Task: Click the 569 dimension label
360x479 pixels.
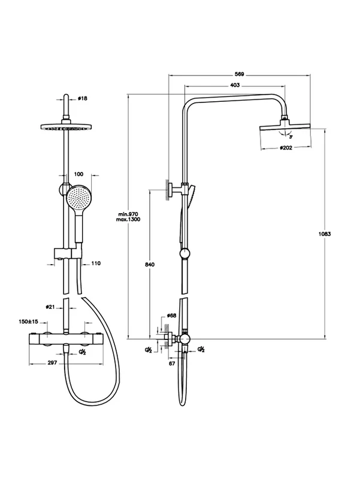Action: [239, 74]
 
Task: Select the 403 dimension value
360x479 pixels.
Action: [235, 85]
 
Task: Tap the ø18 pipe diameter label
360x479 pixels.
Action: [83, 98]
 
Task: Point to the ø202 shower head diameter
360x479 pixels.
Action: [286, 148]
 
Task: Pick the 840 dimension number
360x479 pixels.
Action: [150, 265]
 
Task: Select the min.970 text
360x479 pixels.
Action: [128, 214]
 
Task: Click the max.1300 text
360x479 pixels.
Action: [128, 220]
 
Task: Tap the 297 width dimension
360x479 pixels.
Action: [53, 363]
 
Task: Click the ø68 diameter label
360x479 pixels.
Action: [172, 316]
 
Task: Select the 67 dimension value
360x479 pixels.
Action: [172, 363]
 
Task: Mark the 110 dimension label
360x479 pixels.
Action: [96, 263]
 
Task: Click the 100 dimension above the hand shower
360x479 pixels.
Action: [78, 174]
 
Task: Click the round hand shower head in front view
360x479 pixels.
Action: [78, 197]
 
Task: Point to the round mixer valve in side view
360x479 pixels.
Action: [185, 339]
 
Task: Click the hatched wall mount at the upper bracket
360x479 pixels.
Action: [167, 189]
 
